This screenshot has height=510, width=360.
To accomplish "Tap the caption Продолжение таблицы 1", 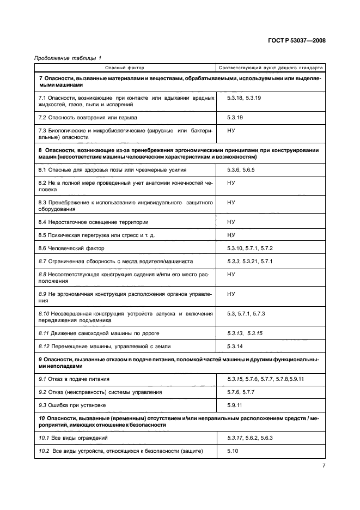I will click(68, 58).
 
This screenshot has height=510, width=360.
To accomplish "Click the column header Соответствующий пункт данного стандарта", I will click(270, 68).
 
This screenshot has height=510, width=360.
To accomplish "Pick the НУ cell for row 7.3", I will click(231, 131).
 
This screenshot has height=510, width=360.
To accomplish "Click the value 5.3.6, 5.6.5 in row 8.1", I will click(241, 171).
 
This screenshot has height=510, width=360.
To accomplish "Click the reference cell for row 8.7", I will click(249, 262).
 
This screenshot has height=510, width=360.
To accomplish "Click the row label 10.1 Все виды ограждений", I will click(73, 438).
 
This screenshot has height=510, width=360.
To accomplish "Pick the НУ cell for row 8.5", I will click(231, 235).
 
